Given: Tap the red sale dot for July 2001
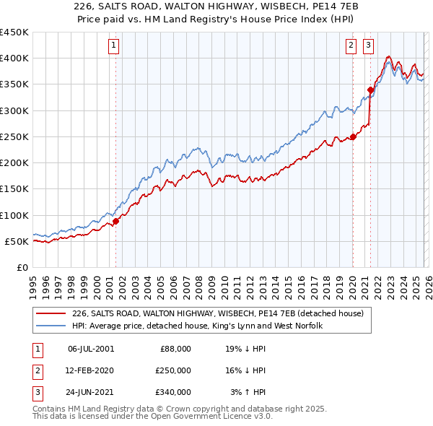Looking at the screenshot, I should coord(115,221).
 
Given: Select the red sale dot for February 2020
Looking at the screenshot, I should coord(353,136).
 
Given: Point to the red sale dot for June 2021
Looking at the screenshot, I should coord(370,90).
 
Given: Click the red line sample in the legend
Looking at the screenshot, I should coord(51,313).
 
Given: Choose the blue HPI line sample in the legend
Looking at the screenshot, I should coord(51,326).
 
